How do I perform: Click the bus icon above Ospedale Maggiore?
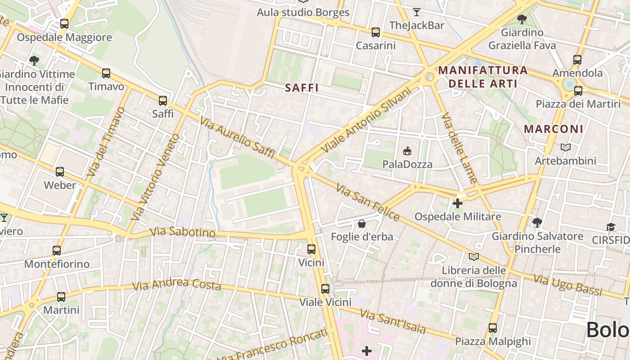click(64, 24)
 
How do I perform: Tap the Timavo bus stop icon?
click(106, 73)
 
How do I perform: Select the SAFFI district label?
click(302, 88)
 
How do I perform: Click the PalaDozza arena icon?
click(407, 151)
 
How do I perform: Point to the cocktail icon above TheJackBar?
click(417, 12)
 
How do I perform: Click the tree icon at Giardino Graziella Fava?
click(522, 19)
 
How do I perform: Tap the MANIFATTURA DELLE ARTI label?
click(482, 77)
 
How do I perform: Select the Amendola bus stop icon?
click(577, 59)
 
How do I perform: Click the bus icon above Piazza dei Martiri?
click(578, 91)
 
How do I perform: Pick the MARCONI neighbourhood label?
click(553, 129)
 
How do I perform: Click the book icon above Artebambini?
click(566, 147)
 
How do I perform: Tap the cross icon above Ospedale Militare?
click(458, 203)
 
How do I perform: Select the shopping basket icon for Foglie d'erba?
click(362, 223)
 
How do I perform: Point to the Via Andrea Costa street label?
click(176, 284)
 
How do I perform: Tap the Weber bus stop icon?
click(60, 172)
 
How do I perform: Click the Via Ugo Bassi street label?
click(568, 285)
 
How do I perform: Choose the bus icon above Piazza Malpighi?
click(493, 328)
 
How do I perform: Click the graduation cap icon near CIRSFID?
click(611, 227)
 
